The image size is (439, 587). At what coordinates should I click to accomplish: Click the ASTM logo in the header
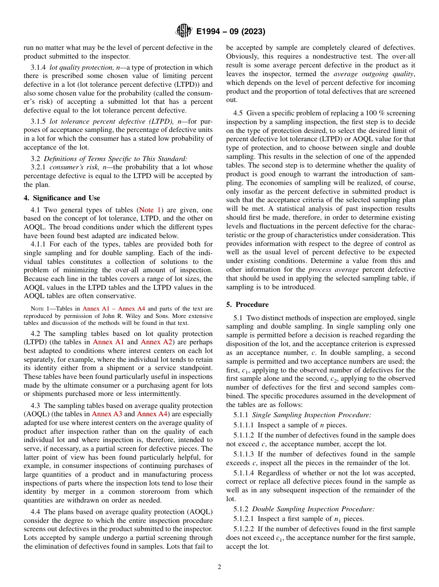pos(183,31)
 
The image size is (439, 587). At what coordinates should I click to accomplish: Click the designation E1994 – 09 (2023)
pos(231,32)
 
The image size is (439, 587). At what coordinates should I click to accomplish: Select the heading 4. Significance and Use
pos(62,198)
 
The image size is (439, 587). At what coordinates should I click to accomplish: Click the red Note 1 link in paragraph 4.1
pos(150,210)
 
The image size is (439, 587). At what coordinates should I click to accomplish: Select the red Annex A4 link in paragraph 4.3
pos(152,414)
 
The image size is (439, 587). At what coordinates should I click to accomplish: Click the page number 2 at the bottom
pos(219,567)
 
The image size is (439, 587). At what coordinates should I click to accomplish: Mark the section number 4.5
pos(238,113)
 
